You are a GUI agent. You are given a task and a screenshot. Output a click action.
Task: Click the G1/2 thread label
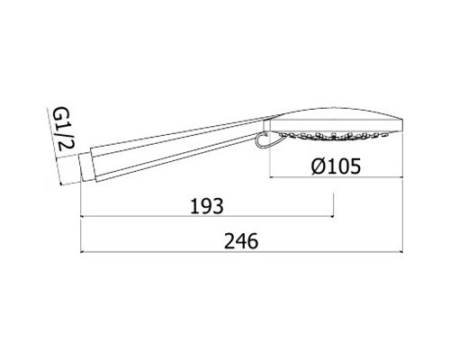[x=63, y=130]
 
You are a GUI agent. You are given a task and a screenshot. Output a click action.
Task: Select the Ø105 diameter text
[x=336, y=166]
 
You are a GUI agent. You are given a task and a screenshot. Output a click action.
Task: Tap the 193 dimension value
[x=207, y=206]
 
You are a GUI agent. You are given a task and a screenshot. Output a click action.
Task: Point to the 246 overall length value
[x=241, y=241]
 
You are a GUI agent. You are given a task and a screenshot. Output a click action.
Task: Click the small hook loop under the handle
[x=262, y=140]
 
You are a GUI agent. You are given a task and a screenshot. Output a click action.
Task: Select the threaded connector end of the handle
[x=85, y=168]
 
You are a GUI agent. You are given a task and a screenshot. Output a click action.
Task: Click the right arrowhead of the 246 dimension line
[x=400, y=252]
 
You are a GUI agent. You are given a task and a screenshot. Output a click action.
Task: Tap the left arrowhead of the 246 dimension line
[x=83, y=252]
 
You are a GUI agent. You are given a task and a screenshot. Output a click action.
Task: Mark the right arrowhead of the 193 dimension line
[x=332, y=216]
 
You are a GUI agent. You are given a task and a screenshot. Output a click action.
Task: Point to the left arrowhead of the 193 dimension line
[x=83, y=216]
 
